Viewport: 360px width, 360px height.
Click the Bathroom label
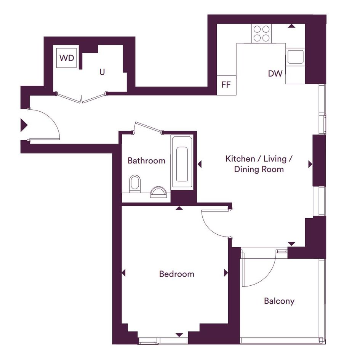tap(147, 160)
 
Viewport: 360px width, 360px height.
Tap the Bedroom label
tap(176, 274)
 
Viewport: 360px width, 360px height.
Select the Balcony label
tap(279, 301)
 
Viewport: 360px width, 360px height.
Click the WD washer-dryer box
tap(67, 58)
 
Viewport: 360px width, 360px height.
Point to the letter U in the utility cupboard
tap(102, 72)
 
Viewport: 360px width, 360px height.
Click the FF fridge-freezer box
tap(227, 85)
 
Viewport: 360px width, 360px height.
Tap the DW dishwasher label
tap(275, 74)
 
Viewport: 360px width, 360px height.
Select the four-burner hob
tap(261, 34)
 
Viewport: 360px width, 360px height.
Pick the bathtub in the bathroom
tap(182, 163)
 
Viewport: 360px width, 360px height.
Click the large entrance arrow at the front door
tap(24, 125)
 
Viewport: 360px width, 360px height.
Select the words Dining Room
tap(259, 170)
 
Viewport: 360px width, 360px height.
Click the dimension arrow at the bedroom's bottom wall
tap(179, 335)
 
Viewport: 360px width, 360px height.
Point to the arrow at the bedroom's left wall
tap(123, 273)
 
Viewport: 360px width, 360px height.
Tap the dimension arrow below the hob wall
tap(291, 26)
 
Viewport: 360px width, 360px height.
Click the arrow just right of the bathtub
tap(200, 164)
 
